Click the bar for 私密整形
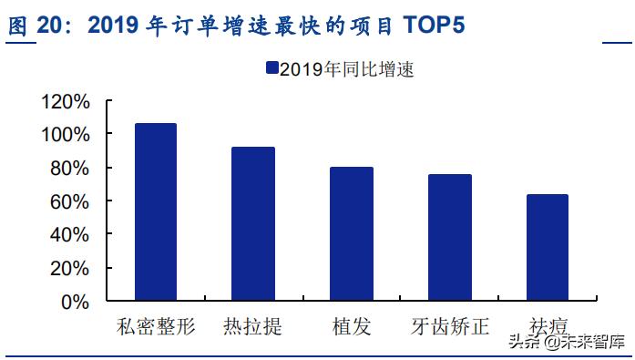click(155, 211)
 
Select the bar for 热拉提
click(253, 223)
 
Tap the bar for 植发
click(352, 233)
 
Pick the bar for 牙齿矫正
click(450, 237)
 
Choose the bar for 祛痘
click(548, 247)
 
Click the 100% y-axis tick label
click(66, 135)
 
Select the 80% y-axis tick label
click(70, 168)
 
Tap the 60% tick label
click(70, 201)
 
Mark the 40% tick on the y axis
click(70, 234)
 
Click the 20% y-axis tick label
click(70, 268)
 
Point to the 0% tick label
click(76, 301)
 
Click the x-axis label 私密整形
click(155, 326)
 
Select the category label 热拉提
click(252, 326)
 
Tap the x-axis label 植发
click(351, 326)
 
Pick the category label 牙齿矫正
click(450, 326)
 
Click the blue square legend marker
click(271, 69)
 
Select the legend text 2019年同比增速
click(346, 69)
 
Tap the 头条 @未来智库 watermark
click(565, 342)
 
